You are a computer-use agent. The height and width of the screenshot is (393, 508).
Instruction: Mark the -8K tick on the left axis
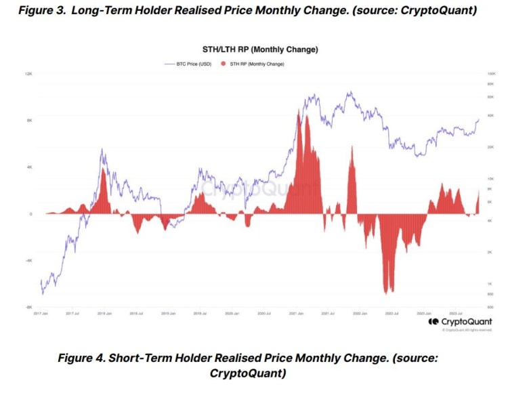29,307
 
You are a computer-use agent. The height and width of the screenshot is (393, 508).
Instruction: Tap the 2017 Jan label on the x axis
41,314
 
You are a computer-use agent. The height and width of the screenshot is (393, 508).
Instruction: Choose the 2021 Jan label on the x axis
295,314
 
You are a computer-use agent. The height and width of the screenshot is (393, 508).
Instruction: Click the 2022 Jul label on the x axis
391,314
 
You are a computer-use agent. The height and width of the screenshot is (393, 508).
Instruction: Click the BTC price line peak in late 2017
102,149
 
